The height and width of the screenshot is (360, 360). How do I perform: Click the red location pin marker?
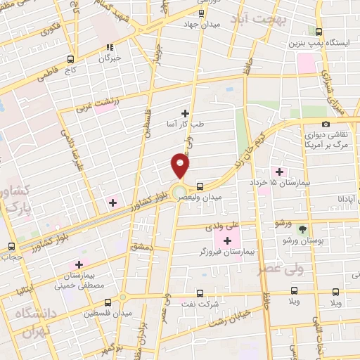tap(181, 166)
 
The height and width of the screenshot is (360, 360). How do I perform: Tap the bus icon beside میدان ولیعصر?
tap(201, 186)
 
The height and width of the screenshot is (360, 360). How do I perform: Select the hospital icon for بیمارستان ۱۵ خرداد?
tap(280, 172)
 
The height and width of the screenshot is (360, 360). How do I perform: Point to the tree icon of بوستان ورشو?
tap(303, 230)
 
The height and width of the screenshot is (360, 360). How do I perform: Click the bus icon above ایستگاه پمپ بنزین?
tap(319, 32)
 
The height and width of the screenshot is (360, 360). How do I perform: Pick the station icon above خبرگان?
tap(110, 47)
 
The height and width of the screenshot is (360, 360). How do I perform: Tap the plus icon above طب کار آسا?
tap(186, 112)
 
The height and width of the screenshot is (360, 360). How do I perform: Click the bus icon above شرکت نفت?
tap(201, 293)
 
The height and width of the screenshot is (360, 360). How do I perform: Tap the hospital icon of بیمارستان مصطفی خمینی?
tap(79, 264)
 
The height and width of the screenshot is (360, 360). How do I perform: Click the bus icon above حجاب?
tap(11, 247)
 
